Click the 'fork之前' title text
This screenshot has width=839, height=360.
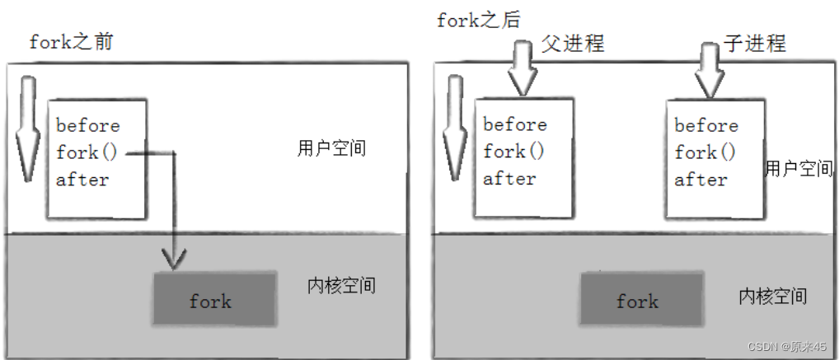pyautogui.click(x=71, y=42)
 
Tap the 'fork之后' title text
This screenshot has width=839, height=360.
pyautogui.click(x=479, y=19)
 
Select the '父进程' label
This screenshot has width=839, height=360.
pyautogui.click(x=573, y=43)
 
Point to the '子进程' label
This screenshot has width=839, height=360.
pyautogui.click(x=755, y=43)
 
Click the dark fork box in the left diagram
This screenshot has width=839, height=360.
pyautogui.click(x=212, y=301)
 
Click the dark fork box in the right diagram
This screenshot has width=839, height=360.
pyautogui.click(x=639, y=301)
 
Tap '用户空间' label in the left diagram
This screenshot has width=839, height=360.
pyautogui.click(x=331, y=149)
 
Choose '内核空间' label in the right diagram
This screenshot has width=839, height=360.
pyautogui.click(x=772, y=296)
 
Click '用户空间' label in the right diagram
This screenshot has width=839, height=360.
pyautogui.click(x=799, y=169)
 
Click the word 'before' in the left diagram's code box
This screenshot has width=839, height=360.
pyautogui.click(x=88, y=126)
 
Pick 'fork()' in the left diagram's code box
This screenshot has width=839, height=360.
pyautogui.click(x=89, y=152)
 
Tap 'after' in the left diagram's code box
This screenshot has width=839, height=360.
pyautogui.click(x=82, y=179)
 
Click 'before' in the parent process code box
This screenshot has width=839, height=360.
pyautogui.click(x=515, y=124)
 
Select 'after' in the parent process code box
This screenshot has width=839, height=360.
pyautogui.click(x=509, y=178)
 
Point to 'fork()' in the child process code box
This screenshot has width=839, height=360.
pyautogui.click(x=705, y=152)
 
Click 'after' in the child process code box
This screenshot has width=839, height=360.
pyautogui.click(x=701, y=179)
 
